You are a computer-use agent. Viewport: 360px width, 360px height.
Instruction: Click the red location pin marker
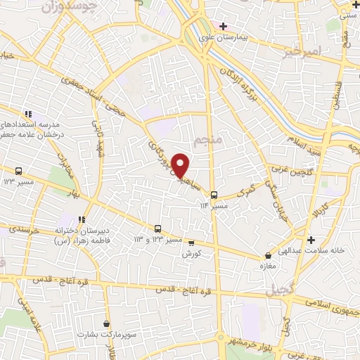[x=181, y=165]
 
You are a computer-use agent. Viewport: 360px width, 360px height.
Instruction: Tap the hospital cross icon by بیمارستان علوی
[x=223, y=26]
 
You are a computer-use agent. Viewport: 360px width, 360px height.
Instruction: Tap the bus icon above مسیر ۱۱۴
[x=214, y=195]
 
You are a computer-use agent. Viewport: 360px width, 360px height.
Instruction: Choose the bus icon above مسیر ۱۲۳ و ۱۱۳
[x=157, y=229]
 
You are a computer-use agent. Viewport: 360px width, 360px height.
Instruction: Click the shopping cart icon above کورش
[x=191, y=243]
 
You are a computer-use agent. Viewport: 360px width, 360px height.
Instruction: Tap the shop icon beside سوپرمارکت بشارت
[x=106, y=324]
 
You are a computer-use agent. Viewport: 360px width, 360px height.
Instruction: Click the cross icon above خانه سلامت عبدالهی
[x=310, y=240]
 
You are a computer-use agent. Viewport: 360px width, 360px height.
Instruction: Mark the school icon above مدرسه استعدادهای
[x=28, y=113]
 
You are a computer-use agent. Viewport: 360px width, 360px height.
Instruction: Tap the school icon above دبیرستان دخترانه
[x=82, y=219]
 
